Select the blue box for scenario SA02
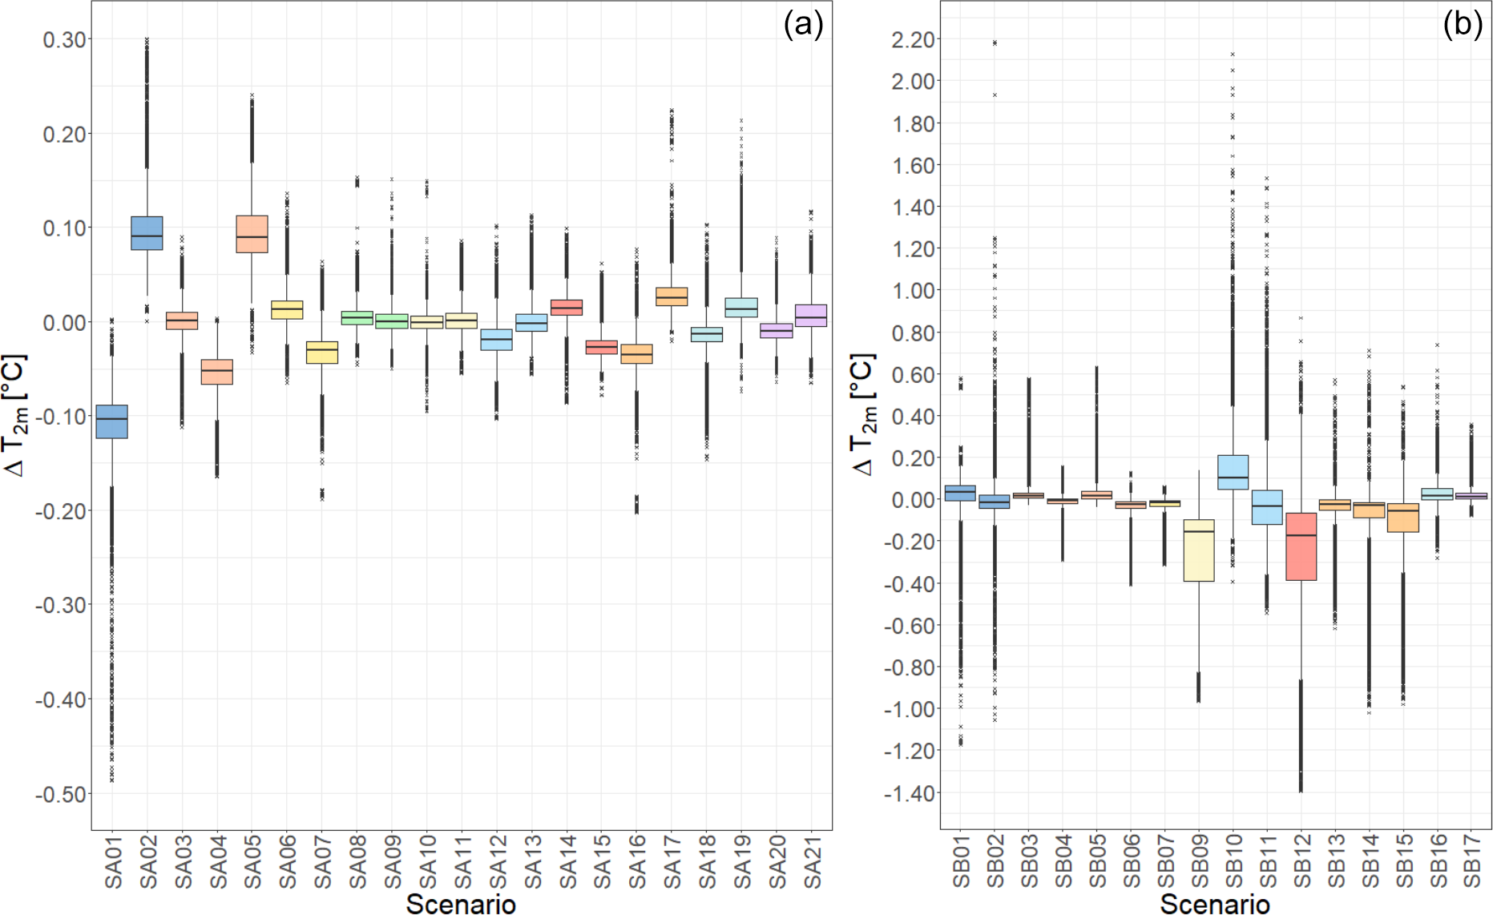(x=147, y=233)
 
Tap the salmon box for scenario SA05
(x=252, y=234)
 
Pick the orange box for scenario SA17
(x=672, y=296)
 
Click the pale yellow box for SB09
(x=1199, y=550)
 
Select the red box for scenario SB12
(x=1301, y=546)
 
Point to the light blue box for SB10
(x=1233, y=472)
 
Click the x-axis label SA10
(x=428, y=861)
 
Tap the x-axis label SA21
(x=813, y=861)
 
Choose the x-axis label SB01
(x=961, y=861)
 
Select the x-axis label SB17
(x=1471, y=861)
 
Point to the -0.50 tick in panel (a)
(x=61, y=794)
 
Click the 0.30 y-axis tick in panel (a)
(x=65, y=39)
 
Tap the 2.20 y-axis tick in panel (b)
(x=913, y=39)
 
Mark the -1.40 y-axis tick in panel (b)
(x=910, y=793)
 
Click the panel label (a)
(x=803, y=26)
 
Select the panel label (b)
(x=1463, y=26)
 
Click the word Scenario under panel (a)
(x=461, y=904)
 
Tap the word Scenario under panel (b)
(x=1215, y=904)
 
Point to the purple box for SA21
(x=811, y=315)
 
